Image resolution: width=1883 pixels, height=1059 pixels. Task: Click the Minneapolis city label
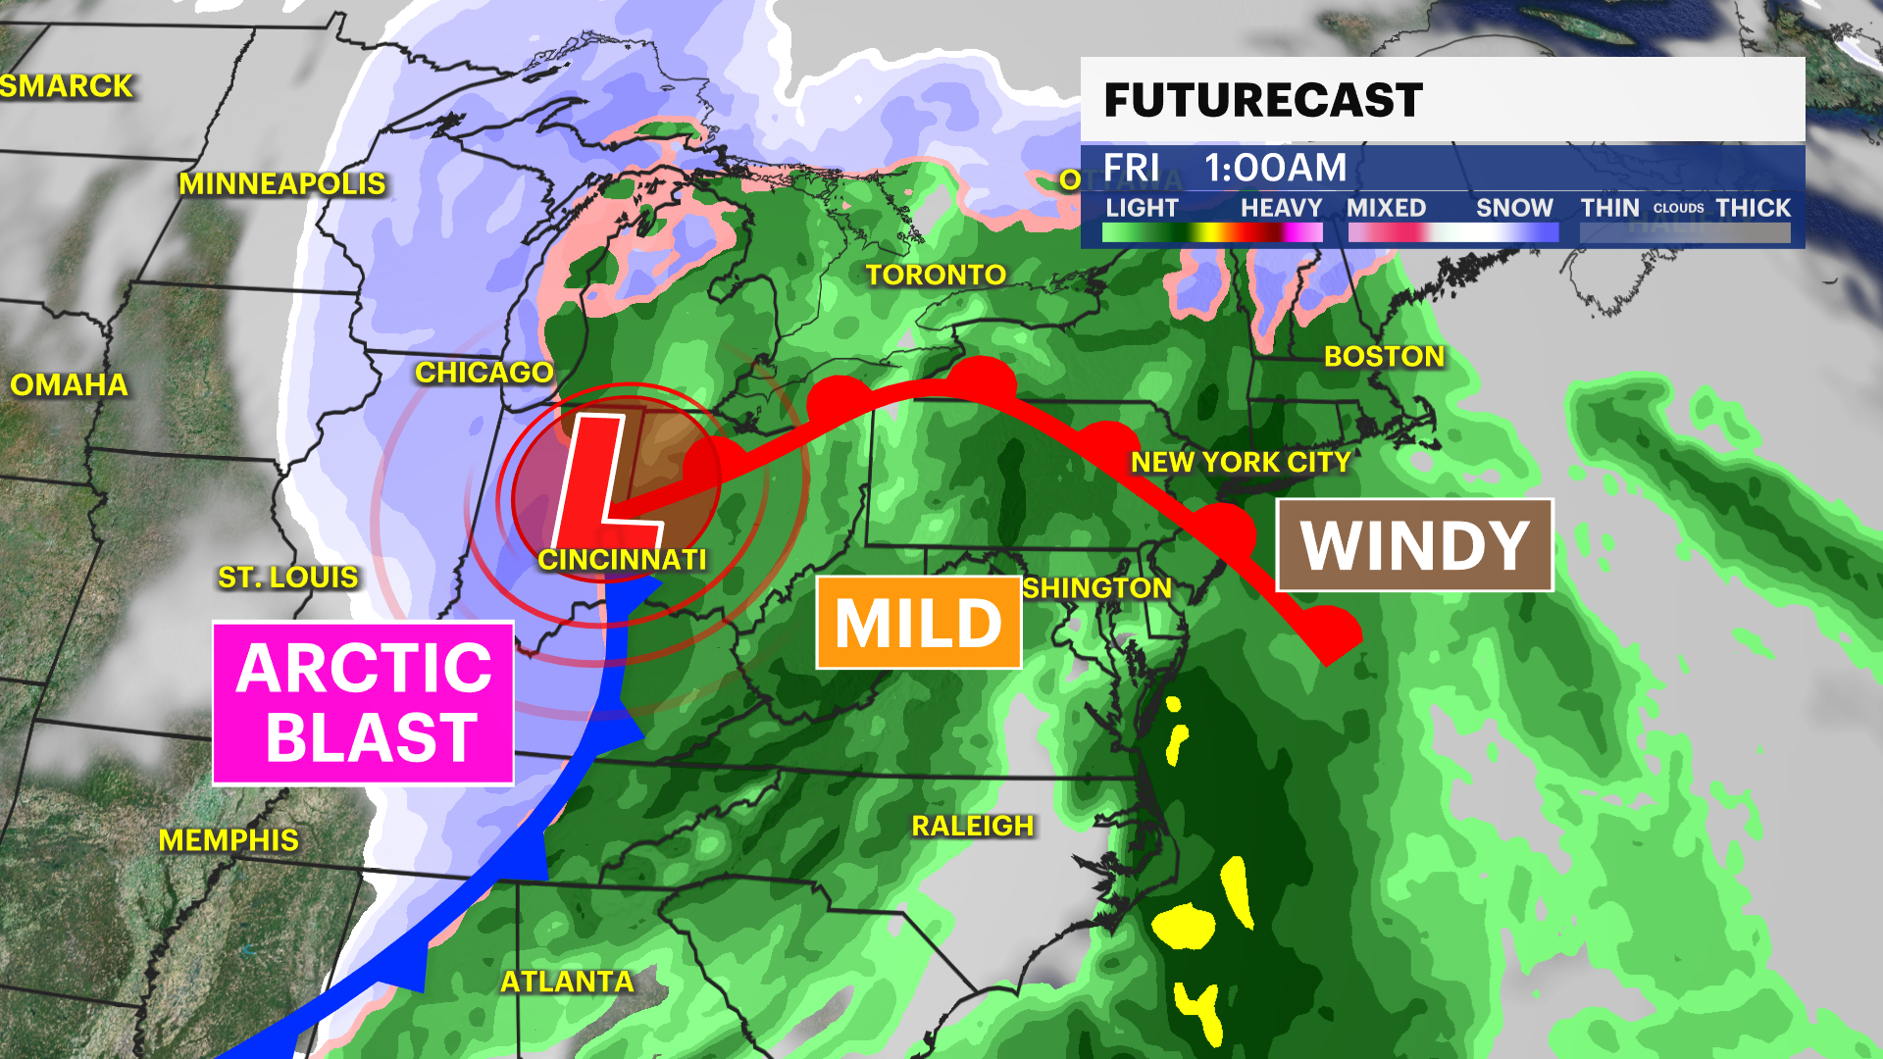281,183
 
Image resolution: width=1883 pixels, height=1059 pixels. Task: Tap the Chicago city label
484,373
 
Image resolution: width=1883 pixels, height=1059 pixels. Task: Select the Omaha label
69,384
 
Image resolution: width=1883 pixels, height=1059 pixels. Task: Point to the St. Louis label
287,577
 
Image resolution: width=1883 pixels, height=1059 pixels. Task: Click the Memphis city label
229,840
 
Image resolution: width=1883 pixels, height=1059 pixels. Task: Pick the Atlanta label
567,982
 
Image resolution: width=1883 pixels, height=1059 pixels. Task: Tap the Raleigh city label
973,826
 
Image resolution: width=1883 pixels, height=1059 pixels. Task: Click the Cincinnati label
622,559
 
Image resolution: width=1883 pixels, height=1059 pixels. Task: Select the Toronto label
936,275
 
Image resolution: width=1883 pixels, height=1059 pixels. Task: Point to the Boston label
1384,356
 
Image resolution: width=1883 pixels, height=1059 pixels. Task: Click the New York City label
1241,462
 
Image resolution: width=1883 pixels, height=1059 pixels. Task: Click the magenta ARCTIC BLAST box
364,703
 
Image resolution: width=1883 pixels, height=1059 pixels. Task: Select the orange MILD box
919,623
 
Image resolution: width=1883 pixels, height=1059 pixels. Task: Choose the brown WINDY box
1414,545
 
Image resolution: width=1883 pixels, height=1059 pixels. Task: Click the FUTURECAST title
1263,100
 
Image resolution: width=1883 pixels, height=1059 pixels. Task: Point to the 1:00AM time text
1275,168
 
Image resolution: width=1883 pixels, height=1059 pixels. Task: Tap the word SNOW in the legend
1514,208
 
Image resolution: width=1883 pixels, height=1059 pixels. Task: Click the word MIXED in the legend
1386,208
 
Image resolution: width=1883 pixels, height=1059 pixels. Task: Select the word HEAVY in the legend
1281,208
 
